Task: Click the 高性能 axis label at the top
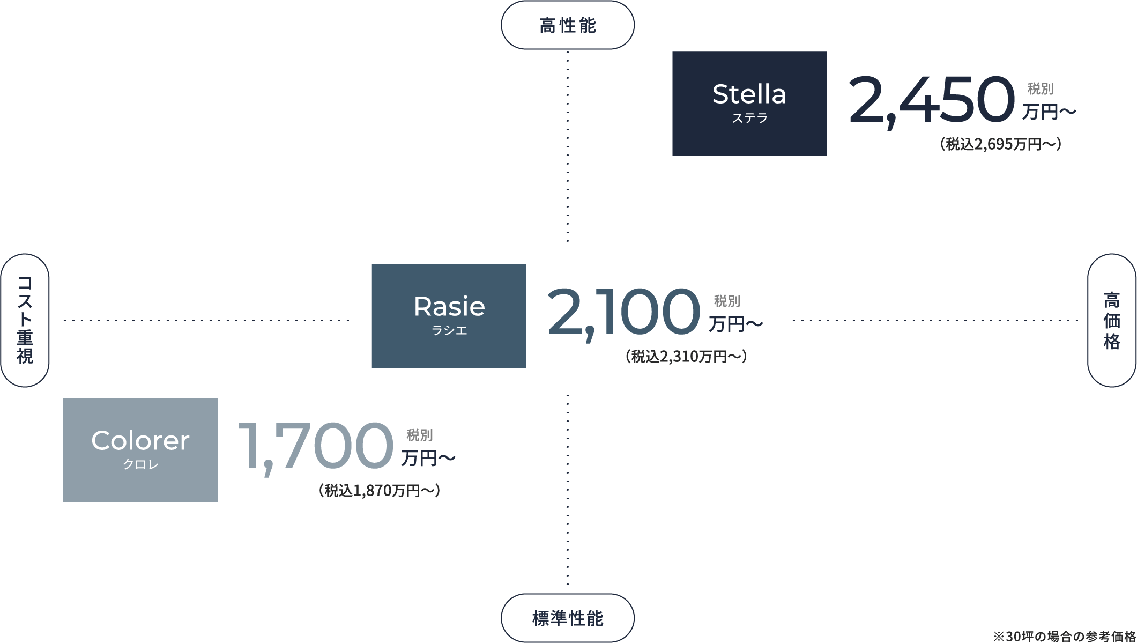coord(568,25)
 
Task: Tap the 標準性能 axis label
coord(568,618)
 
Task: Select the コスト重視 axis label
coord(25,320)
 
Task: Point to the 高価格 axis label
coord(1111,320)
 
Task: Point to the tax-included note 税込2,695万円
coord(1000,144)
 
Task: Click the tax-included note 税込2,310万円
coord(686,357)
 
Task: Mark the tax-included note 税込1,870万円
coord(380,491)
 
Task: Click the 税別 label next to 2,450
coord(1041,88)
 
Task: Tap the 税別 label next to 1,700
coord(419,435)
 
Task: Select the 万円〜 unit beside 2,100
coord(735,324)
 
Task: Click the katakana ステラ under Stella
coord(749,118)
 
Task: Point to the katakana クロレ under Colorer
coord(140,464)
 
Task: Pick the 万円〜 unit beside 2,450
coord(1049,112)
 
